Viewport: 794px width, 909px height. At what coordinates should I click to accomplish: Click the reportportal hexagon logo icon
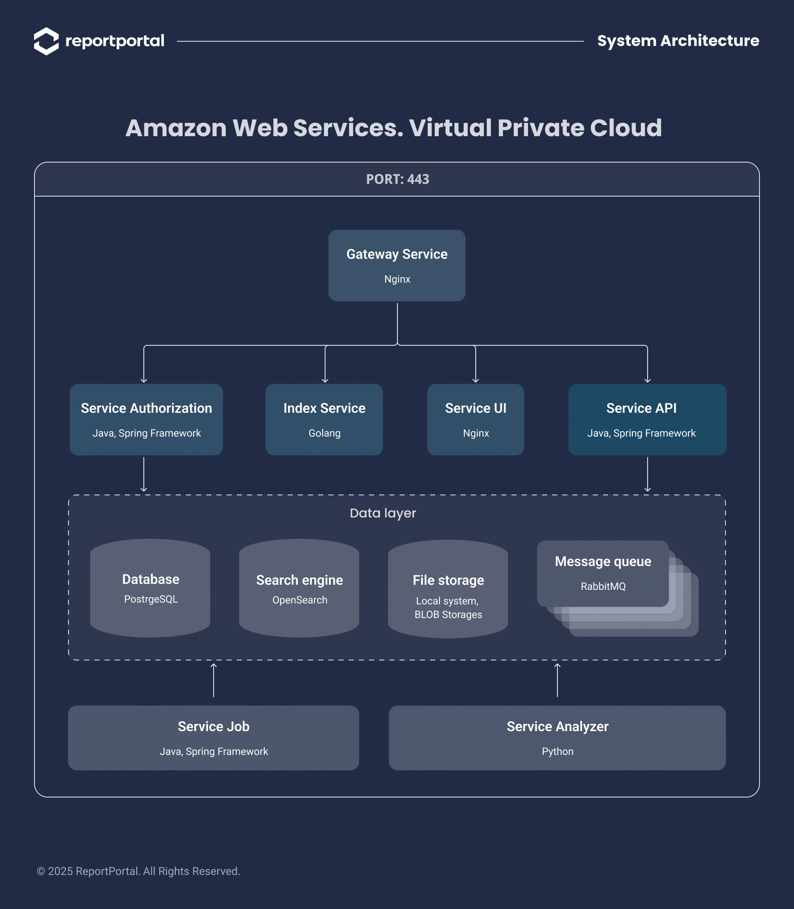pyautogui.click(x=46, y=41)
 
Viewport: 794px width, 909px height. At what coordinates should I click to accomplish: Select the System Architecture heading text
pyautogui.click(x=677, y=41)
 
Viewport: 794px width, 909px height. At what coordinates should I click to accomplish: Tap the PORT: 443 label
pyautogui.click(x=397, y=179)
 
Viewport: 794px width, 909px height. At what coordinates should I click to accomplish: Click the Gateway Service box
pyautogui.click(x=397, y=266)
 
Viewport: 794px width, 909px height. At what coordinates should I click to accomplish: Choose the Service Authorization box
pyautogui.click(x=146, y=419)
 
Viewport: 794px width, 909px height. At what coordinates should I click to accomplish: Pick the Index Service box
pyautogui.click(x=324, y=419)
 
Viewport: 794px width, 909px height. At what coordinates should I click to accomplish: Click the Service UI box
pyautogui.click(x=475, y=419)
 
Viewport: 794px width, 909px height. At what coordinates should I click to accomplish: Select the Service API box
pyautogui.click(x=647, y=419)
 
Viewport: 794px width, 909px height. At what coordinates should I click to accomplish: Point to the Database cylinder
pyautogui.click(x=150, y=588)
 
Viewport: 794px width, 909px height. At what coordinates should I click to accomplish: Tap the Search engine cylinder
pyautogui.click(x=299, y=588)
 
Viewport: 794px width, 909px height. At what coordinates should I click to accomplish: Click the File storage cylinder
pyautogui.click(x=448, y=589)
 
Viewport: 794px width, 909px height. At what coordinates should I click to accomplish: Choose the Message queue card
pyautogui.click(x=603, y=573)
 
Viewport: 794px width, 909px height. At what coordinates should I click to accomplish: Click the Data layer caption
pyautogui.click(x=383, y=513)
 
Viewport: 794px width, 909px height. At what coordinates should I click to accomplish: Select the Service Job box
pyautogui.click(x=213, y=737)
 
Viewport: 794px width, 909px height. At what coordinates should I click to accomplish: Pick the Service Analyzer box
pyautogui.click(x=557, y=737)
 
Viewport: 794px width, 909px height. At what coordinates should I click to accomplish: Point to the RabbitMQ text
pyautogui.click(x=603, y=586)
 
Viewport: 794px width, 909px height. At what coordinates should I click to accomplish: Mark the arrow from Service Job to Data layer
pyautogui.click(x=214, y=680)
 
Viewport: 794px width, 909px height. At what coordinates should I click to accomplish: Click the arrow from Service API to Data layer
pyautogui.click(x=647, y=474)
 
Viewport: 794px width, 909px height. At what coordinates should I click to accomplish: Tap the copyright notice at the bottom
pyautogui.click(x=138, y=871)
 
